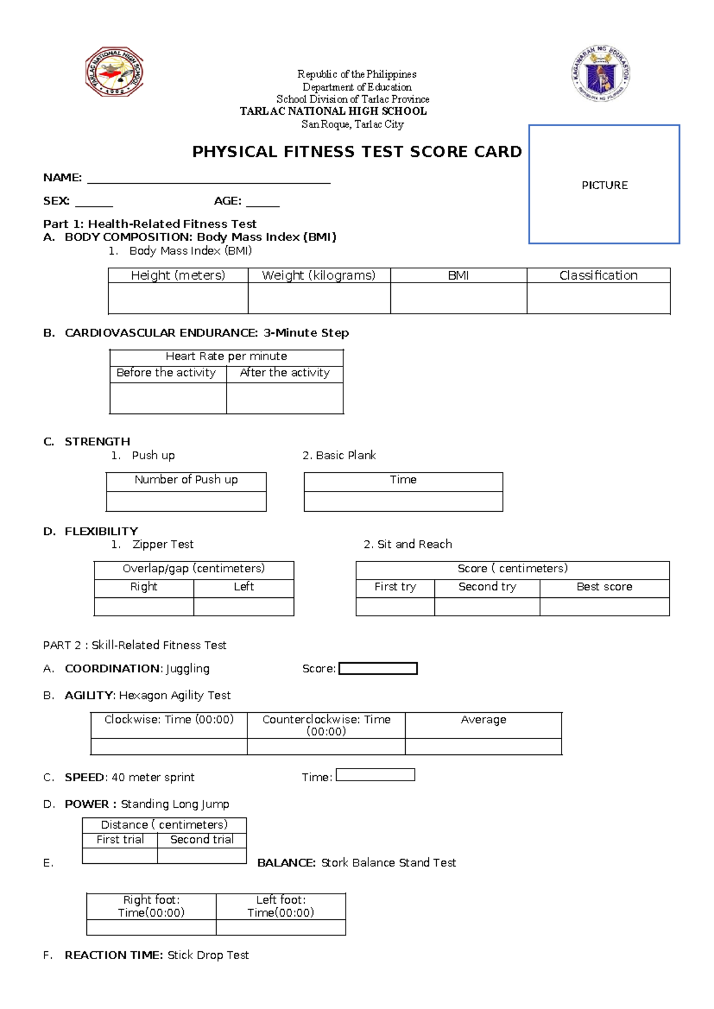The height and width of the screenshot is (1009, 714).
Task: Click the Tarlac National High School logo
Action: [114, 72]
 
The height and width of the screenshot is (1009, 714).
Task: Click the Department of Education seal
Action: [601, 73]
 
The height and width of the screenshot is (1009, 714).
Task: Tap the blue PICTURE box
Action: [604, 184]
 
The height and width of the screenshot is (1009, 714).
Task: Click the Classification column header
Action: [598, 275]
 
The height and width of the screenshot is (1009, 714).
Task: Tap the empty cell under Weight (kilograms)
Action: [319, 298]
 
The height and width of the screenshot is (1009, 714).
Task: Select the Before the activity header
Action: [166, 373]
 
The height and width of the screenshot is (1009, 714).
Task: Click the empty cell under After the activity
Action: [284, 398]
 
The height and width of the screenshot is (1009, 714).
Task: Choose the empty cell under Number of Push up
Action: [186, 501]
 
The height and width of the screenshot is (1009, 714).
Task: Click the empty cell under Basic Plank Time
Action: [403, 501]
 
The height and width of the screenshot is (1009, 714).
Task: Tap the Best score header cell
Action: [604, 587]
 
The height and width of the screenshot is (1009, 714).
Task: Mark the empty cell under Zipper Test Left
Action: [243, 606]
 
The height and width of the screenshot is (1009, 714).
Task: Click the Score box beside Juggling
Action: [378, 669]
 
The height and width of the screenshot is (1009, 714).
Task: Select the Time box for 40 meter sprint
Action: [375, 775]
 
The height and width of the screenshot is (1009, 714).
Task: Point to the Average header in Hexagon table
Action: [483, 720]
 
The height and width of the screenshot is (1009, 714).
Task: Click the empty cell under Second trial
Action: [202, 856]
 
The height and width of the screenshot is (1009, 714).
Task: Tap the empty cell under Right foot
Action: [151, 927]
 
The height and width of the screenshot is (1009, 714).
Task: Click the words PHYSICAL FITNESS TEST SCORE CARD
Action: [356, 152]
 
